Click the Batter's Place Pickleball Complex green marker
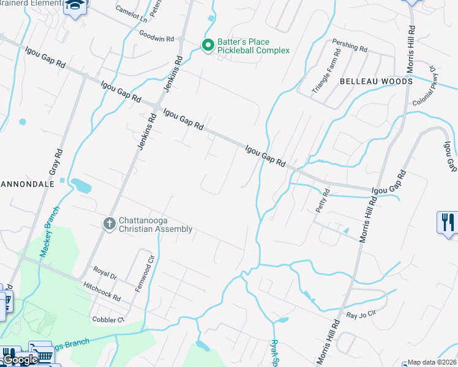tap(208, 45)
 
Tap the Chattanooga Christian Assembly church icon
tap(110, 224)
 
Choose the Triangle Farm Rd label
tap(325, 77)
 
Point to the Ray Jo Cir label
tap(360, 316)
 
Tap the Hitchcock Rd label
tap(102, 291)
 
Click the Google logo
tap(20, 360)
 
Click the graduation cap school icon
tap(77, 5)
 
